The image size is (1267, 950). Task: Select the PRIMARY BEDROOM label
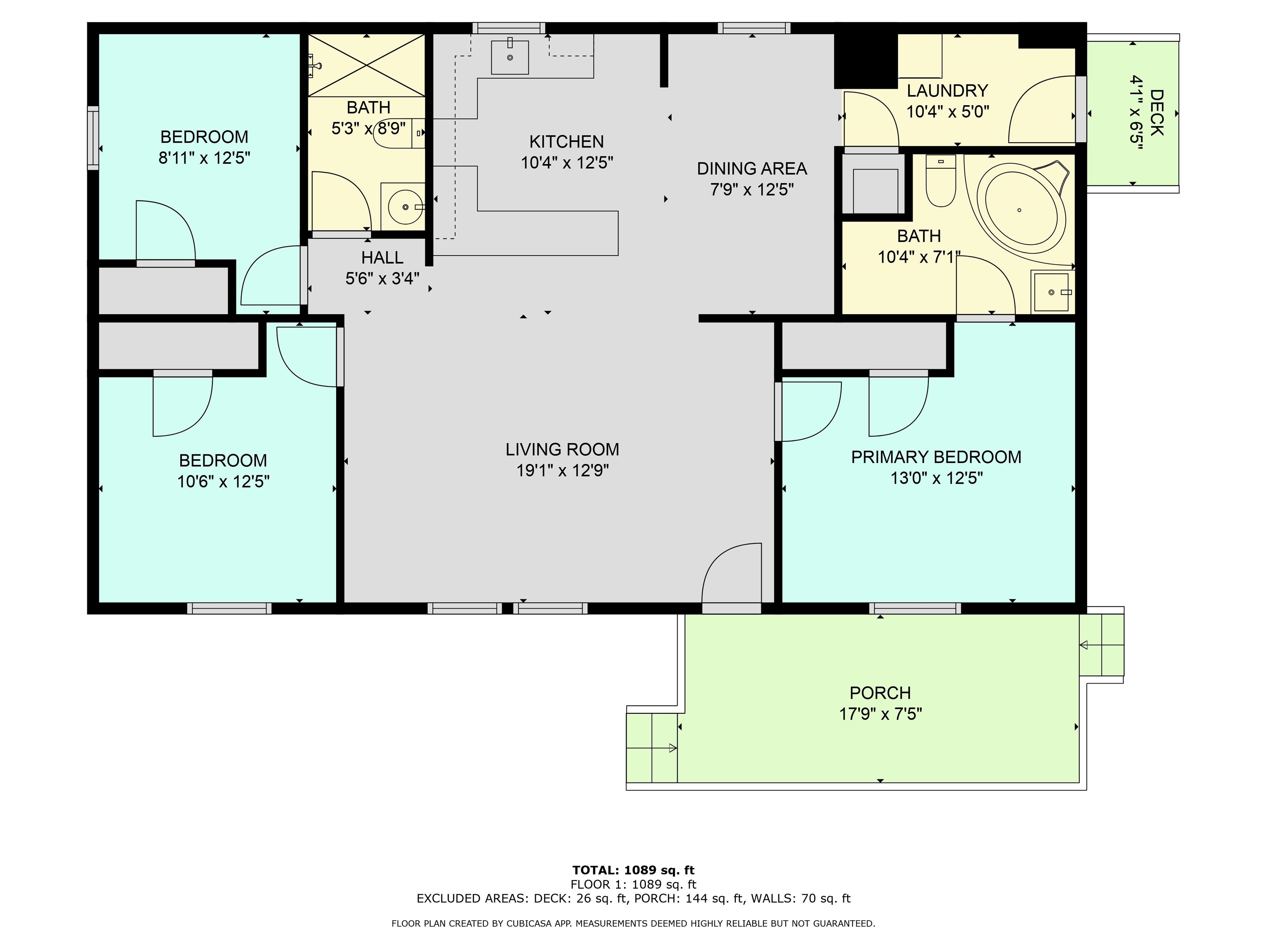(x=936, y=457)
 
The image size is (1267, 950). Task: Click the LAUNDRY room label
(x=947, y=90)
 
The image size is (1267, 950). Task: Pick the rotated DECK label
(x=1156, y=113)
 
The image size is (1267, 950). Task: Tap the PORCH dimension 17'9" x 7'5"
(x=881, y=714)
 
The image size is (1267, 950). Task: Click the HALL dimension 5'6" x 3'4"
(x=382, y=279)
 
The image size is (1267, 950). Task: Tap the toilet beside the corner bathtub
(x=940, y=180)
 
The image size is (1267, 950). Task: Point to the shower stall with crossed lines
(x=367, y=65)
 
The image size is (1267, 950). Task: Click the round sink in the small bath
(x=405, y=206)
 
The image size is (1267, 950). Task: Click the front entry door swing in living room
(x=731, y=573)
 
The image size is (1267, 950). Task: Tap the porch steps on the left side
(x=652, y=747)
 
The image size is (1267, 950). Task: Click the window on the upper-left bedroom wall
(x=93, y=137)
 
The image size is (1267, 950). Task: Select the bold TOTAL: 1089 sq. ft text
(x=633, y=870)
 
